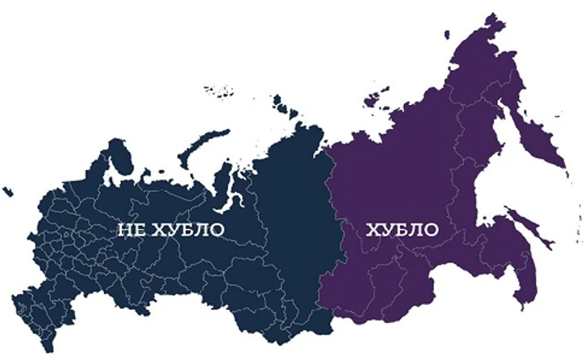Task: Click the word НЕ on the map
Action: pyautogui.click(x=130, y=230)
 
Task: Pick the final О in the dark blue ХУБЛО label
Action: pyautogui.click(x=216, y=230)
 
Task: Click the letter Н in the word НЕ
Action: pyautogui.click(x=125, y=230)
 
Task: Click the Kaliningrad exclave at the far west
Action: pyautogui.click(x=8, y=191)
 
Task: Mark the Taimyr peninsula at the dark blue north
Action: pyautogui.click(x=298, y=136)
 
